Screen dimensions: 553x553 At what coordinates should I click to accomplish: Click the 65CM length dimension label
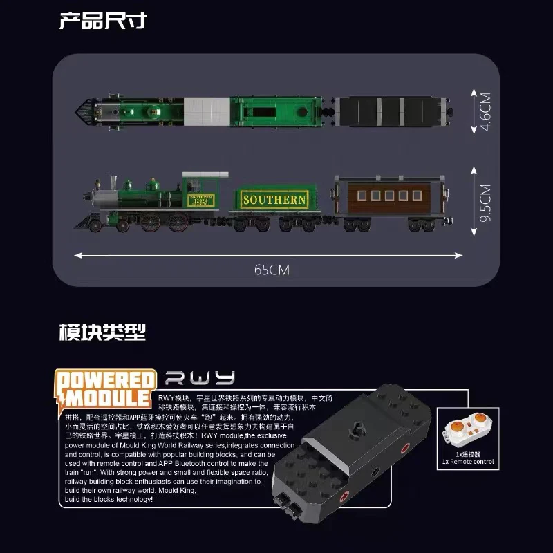click(271, 270)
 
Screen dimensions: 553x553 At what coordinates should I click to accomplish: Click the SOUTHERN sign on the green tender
click(274, 200)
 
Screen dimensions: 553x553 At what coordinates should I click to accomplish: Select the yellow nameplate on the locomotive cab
click(201, 200)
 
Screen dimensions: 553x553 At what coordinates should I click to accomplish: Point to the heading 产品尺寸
click(103, 20)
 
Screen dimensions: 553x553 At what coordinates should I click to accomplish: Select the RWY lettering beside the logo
click(200, 378)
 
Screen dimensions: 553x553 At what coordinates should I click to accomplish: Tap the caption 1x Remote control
click(468, 462)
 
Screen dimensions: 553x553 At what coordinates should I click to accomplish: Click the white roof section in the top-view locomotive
click(205, 111)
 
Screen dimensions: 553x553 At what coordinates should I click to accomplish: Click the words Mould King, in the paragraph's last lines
click(177, 489)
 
